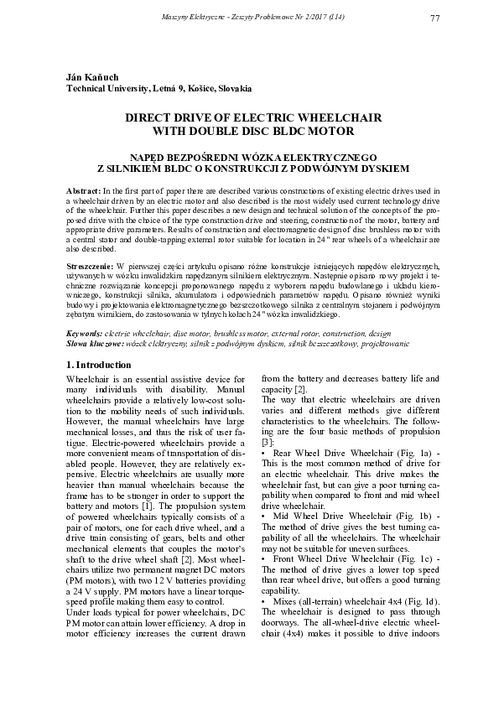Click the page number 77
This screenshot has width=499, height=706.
point(434,18)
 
